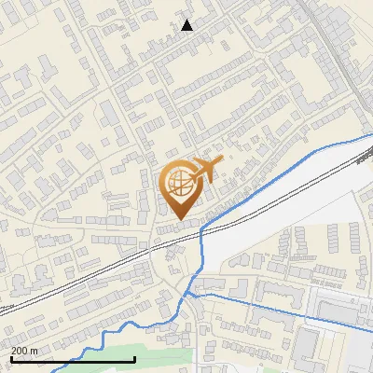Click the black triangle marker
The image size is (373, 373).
pos(187,25)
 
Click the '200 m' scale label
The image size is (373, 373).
pos(24,350)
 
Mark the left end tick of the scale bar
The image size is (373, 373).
pos(10,358)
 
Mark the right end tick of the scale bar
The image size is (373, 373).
pos(135,358)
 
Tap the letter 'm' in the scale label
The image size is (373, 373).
pos(35,350)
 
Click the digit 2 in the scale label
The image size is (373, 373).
pos(14,350)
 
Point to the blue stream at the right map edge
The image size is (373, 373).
pos(368,137)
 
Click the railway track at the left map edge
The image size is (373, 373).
pos(5,309)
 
